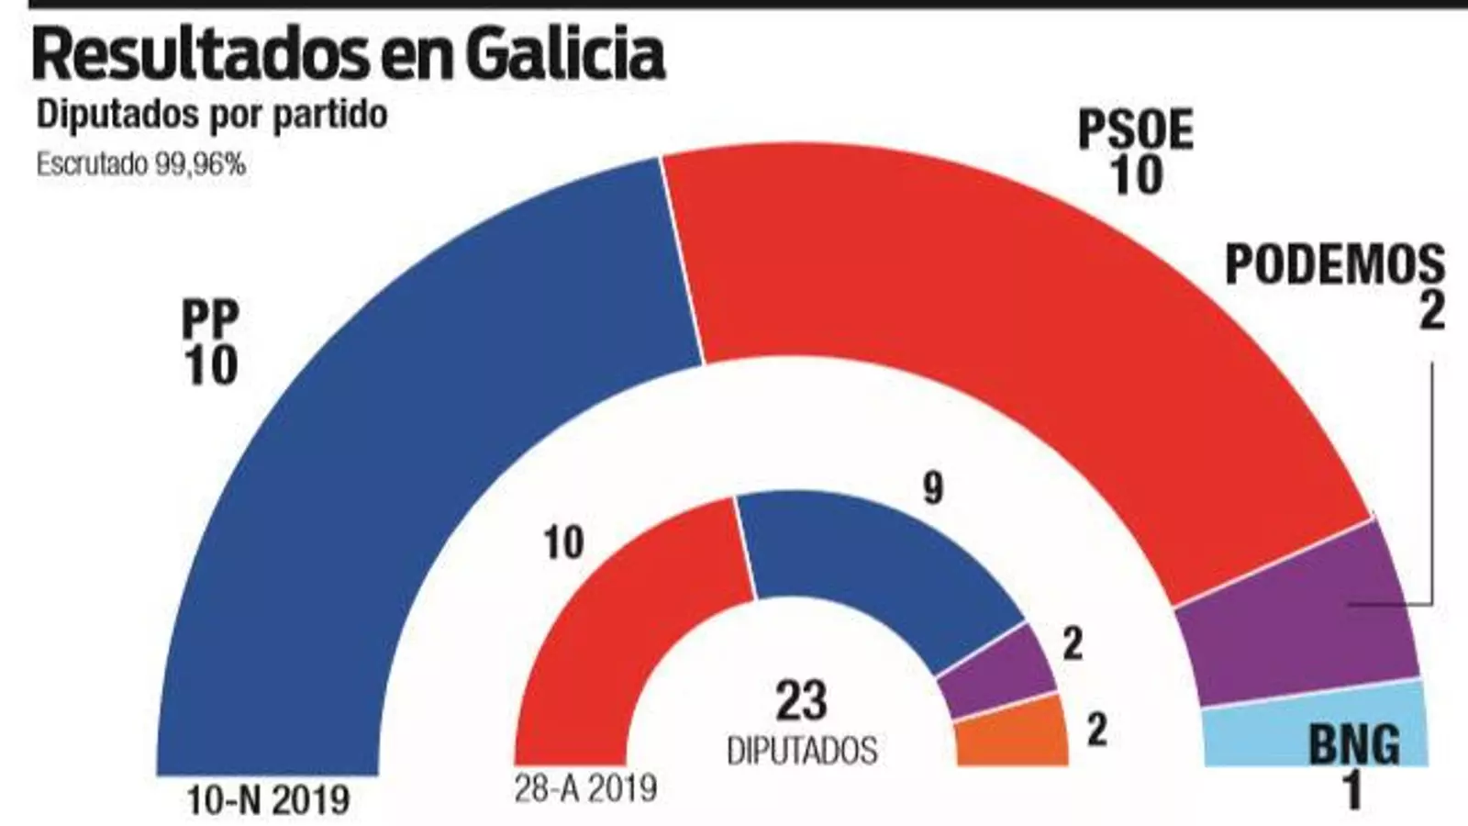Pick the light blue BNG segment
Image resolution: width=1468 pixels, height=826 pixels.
[x=1266, y=734]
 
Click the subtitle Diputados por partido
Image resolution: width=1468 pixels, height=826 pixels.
[x=211, y=116]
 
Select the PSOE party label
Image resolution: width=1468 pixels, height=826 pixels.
[x=1135, y=131]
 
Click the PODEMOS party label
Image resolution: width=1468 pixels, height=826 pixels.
[x=1335, y=265]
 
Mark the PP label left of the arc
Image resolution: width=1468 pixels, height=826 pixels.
[x=210, y=321]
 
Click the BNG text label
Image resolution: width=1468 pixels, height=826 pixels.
[x=1353, y=745]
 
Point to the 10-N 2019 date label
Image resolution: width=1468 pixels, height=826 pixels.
[x=268, y=800]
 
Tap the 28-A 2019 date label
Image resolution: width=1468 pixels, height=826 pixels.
[x=585, y=787]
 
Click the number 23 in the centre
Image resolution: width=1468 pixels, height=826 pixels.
[x=801, y=701]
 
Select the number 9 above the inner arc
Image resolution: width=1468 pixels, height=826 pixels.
[x=932, y=488]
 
